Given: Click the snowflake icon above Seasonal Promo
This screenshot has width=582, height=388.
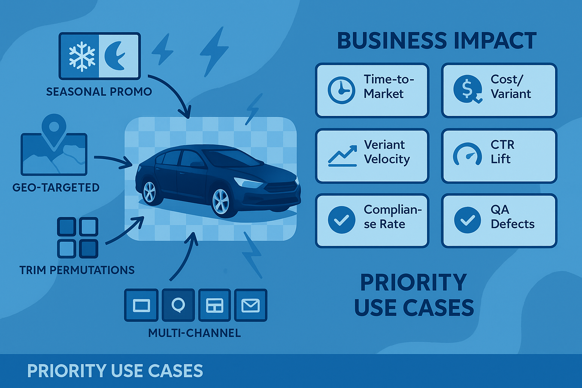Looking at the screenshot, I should tap(82, 56).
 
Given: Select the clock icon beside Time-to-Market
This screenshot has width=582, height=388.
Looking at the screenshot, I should tap(341, 90).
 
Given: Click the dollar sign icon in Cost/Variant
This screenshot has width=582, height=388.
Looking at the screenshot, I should tap(468, 89).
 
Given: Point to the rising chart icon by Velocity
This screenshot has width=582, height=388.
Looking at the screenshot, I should tap(343, 156).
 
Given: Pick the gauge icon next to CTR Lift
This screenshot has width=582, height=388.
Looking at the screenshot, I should tap(468, 155).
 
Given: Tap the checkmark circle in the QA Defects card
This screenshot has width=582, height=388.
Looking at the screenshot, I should tap(468, 220).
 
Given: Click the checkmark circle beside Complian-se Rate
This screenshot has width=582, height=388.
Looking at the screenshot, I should tap(341, 220).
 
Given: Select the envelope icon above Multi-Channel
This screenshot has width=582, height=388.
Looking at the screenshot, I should tap(250, 305).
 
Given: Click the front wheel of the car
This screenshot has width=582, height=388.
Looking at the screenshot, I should tap(221, 201).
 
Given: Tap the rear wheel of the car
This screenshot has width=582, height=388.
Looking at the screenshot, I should tap(150, 191).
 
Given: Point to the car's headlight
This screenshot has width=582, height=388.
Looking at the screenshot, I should tap(248, 182).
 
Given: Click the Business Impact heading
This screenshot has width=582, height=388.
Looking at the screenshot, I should tap(436, 41).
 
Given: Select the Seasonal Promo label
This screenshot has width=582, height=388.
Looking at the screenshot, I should tap(99, 92).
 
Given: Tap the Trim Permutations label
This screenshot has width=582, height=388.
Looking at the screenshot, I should tap(77, 270).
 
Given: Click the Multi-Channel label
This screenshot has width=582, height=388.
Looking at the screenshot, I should tap(194, 333).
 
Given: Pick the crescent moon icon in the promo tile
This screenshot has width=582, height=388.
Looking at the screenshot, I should tap(116, 56).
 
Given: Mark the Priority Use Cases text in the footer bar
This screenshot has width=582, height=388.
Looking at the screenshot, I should tap(115, 371).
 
